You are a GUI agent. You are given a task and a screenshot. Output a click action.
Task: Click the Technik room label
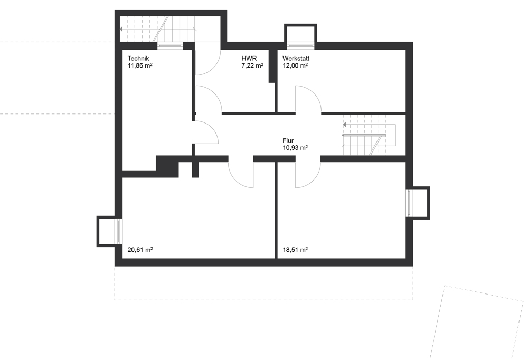click(138, 59)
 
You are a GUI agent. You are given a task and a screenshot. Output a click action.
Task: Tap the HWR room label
click(249, 59)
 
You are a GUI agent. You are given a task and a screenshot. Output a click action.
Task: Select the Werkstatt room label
click(296, 59)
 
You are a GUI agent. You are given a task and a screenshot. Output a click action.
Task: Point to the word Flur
click(288, 141)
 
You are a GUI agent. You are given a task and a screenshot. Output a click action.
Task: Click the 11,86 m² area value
click(140, 65)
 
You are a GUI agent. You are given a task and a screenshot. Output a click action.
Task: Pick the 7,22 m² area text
click(252, 65)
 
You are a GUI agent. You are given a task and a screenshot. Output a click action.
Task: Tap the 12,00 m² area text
click(295, 65)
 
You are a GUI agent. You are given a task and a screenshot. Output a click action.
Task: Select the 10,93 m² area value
click(295, 148)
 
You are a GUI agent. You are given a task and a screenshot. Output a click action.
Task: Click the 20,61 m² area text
click(140, 250)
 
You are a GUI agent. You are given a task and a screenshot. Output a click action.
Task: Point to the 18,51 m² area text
click(295, 250)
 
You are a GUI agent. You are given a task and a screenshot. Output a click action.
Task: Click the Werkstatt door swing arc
click(316, 94)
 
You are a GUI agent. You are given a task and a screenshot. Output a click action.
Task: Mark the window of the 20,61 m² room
click(119, 231)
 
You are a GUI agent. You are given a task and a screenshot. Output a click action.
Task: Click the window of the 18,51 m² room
click(409, 203)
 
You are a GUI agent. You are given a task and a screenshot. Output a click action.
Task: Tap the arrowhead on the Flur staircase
click(345, 125)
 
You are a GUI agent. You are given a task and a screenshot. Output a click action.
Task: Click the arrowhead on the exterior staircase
click(121, 30)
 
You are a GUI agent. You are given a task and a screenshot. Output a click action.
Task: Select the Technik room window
click(170, 46)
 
